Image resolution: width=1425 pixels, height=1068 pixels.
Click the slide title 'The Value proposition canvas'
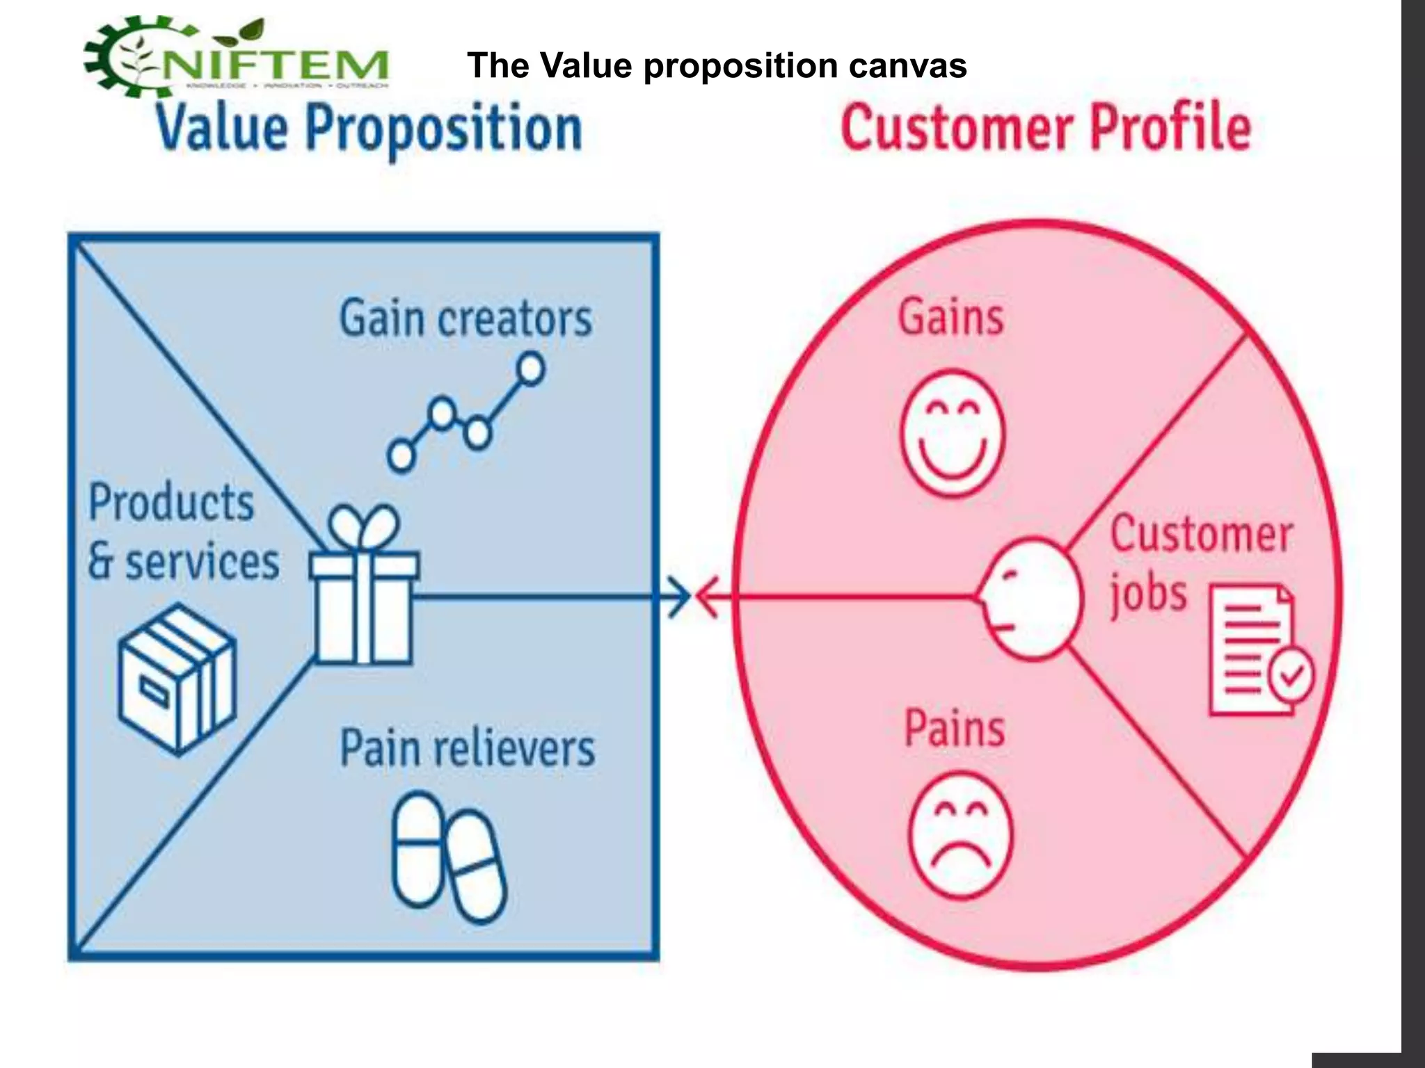(717, 66)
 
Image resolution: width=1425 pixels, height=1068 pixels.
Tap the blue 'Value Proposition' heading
(369, 129)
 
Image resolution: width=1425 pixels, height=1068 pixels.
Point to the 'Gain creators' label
(465, 319)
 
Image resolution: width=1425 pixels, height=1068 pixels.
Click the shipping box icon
(177, 678)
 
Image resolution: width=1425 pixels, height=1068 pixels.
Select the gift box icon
(363, 605)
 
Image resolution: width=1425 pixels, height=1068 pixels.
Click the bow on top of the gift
(363, 527)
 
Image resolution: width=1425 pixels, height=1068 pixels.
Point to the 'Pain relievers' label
(467, 749)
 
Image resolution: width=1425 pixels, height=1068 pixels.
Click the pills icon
(449, 858)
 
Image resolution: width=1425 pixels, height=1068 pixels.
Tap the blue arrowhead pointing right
(678, 596)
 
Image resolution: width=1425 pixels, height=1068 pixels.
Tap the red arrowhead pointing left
(708, 596)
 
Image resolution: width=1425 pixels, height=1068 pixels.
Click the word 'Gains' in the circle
(951, 318)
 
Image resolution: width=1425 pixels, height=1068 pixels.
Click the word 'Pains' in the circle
(955, 728)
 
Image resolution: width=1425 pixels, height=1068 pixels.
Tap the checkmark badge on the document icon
(1291, 673)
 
